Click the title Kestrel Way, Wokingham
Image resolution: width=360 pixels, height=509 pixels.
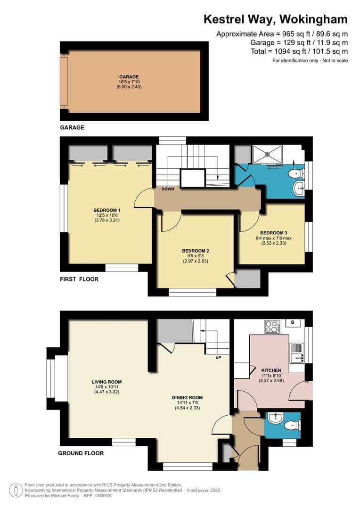(275, 19)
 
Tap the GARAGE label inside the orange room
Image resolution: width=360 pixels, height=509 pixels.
(129, 77)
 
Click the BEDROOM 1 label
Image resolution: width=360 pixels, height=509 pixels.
(106, 210)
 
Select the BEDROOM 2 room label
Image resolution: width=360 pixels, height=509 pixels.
(195, 251)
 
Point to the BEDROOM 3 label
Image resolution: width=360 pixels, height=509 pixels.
(273, 233)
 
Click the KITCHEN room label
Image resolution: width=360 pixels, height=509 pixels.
(271, 370)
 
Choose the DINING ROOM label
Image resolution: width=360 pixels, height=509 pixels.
(187, 397)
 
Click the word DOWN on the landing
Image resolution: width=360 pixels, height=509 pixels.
(168, 189)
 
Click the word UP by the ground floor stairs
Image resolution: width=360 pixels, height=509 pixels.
(218, 357)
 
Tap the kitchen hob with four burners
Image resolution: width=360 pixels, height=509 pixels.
(271, 327)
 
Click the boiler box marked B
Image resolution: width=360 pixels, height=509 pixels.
(293, 323)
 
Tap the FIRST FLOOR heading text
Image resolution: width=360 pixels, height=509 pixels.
(79, 279)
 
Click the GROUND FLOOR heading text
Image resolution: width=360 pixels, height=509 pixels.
(81, 453)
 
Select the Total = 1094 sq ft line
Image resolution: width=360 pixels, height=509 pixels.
(299, 51)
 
